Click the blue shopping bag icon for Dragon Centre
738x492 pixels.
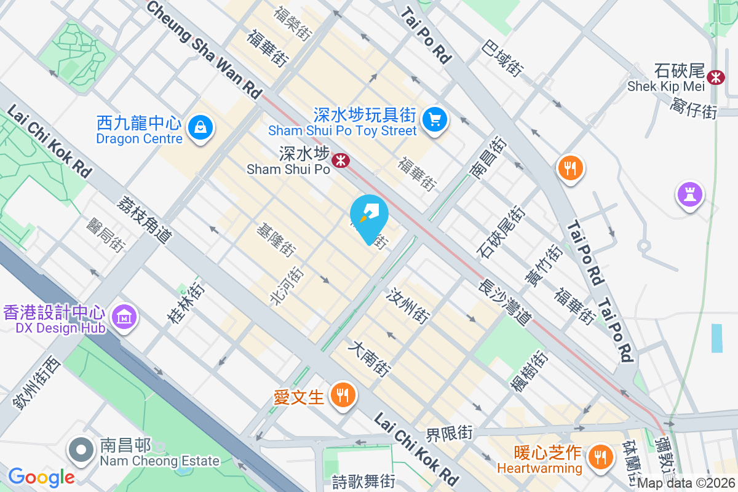200,128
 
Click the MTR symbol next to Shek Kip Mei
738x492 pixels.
715,77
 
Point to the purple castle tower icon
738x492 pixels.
689,194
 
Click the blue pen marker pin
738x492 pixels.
369,216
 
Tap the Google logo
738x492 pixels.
41,477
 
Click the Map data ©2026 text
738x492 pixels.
686,483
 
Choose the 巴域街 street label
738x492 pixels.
502,59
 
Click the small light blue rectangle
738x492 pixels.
716,338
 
